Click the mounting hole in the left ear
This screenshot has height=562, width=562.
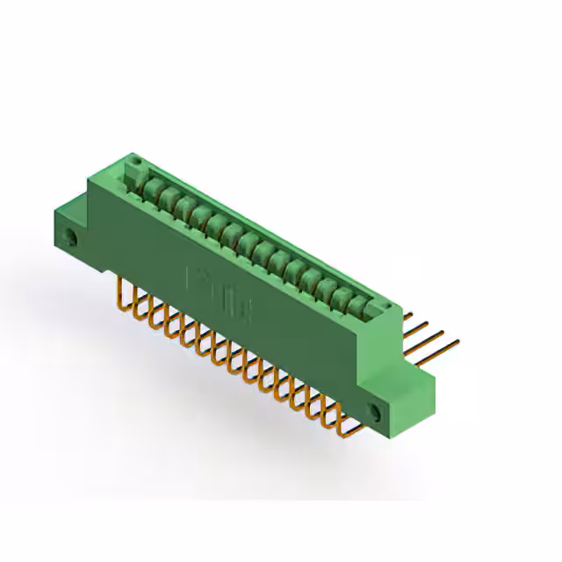pos(72,238)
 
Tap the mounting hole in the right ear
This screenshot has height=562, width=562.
pos(377,412)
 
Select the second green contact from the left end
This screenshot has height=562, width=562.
pos(164,197)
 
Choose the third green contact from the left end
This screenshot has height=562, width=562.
pos(182,206)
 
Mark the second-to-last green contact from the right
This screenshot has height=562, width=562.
pos(344,298)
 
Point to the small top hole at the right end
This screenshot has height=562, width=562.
pos(382,304)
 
